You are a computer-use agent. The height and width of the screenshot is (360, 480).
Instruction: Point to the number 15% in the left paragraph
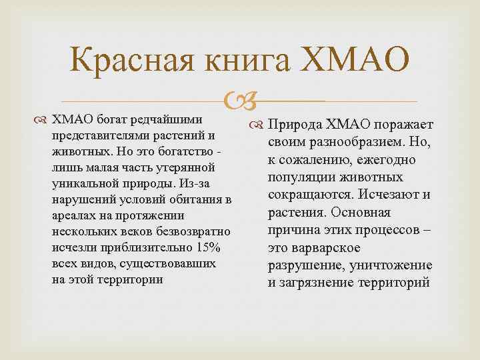pyautogui.click(x=215, y=248)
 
